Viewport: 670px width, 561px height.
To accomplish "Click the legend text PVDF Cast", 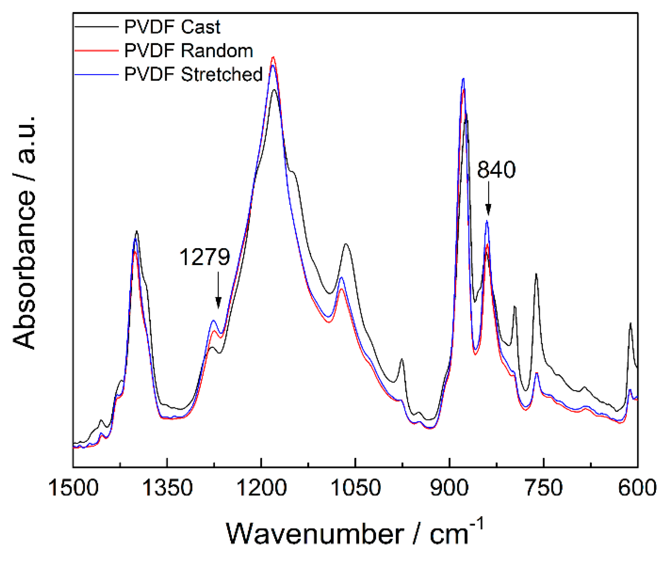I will (172, 27).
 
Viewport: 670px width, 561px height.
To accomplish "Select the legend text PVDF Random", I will (189, 51).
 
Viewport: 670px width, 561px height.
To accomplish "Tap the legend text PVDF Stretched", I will (193, 74).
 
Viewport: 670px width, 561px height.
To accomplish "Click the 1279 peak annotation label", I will (205, 257).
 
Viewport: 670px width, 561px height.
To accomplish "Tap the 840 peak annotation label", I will (496, 170).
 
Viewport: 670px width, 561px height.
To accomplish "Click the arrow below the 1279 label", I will (218, 290).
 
